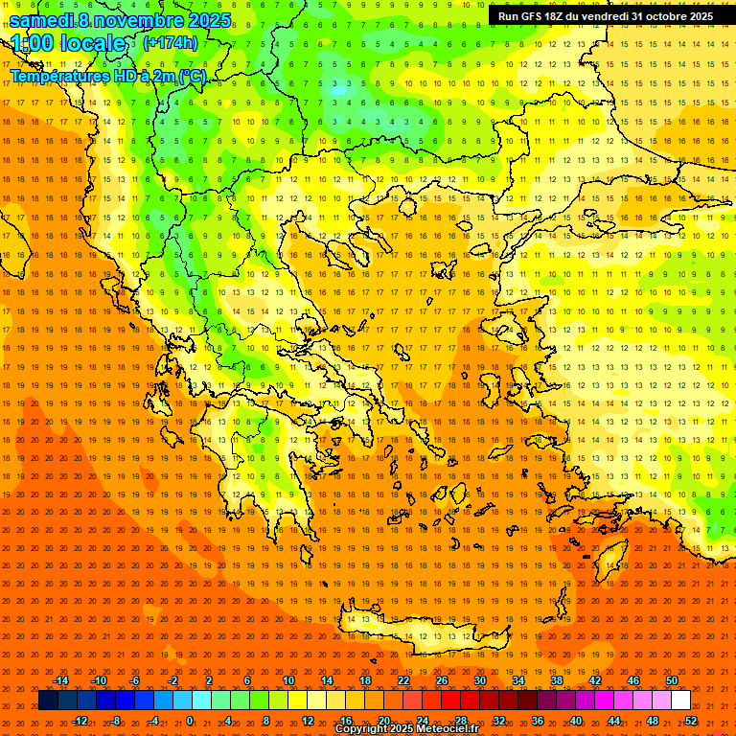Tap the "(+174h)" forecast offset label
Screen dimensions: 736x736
170,42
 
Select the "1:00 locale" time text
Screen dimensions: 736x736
68,43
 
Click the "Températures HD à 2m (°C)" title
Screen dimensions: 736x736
108,75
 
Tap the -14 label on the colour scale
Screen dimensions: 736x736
61,680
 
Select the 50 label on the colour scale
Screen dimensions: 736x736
672,680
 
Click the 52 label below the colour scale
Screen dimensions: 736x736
691,721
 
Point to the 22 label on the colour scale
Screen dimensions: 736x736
403,680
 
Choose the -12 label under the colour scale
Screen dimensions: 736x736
80,721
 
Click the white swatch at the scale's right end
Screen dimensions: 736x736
680,701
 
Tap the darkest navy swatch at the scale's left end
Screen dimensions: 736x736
48,701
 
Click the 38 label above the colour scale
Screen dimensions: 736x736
557,680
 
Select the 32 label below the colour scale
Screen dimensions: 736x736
499,721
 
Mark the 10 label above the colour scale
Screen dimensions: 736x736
288,680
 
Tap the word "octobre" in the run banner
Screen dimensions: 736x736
660,16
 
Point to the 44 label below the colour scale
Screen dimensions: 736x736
614,721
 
